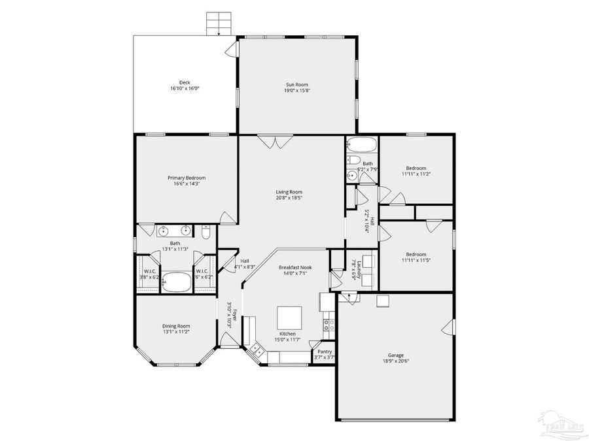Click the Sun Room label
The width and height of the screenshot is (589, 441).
point(296,84)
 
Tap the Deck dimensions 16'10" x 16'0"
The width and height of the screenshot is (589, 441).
point(185,88)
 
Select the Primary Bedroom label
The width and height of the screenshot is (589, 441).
point(187,178)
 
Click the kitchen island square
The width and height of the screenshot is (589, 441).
point(290,319)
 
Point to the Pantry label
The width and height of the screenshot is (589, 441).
point(324,351)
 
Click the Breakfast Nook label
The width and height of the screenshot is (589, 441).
point(294,267)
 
